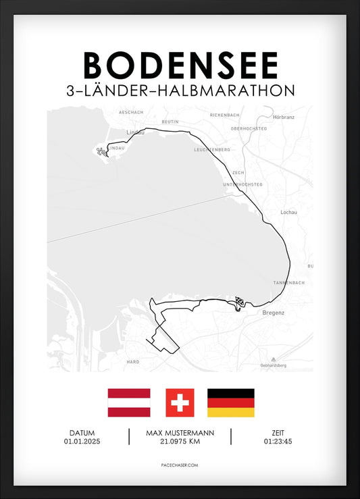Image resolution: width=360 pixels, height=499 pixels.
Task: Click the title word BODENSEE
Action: click(180, 65)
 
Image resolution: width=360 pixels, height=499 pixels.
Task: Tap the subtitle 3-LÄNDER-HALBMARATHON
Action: click(180, 90)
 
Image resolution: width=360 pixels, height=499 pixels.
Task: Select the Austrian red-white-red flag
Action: click(129, 402)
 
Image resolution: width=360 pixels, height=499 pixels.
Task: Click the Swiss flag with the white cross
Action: click(180, 402)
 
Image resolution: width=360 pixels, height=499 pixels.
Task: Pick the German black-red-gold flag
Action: click(230, 402)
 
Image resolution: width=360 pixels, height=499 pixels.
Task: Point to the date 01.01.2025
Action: click(81, 442)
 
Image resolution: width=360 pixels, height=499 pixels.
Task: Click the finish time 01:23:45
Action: click(278, 442)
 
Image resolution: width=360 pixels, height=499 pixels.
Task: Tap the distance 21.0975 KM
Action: click(180, 442)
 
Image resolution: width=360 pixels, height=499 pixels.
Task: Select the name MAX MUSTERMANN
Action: click(180, 433)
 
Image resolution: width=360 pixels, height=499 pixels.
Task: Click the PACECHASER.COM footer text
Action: click(180, 465)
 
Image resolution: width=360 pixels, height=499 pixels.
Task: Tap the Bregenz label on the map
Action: click(272, 313)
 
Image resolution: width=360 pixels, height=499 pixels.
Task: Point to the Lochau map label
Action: click(288, 212)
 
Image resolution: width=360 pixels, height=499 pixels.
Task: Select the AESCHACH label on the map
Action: click(130, 111)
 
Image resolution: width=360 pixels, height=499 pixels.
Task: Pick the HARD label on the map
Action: click(133, 361)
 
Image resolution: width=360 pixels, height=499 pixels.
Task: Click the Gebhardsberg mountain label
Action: click(273, 365)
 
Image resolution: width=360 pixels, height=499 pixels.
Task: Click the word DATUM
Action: click(81, 433)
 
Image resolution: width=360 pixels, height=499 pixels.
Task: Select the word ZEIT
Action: click(278, 433)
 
